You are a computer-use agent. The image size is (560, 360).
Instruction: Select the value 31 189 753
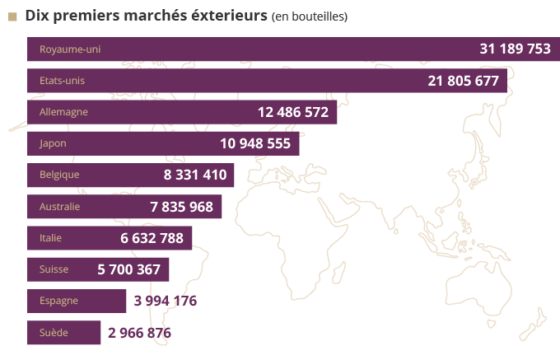point(515,49)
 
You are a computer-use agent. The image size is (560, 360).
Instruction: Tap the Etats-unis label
point(62,81)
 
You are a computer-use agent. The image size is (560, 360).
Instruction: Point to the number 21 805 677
point(464,81)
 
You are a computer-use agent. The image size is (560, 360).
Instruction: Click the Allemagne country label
point(63,112)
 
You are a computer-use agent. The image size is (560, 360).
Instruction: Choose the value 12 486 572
point(293,112)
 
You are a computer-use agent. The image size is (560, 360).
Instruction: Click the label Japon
point(53,143)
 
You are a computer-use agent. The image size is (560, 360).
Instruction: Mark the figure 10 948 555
point(255,143)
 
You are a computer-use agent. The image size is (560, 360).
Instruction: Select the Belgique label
point(59,175)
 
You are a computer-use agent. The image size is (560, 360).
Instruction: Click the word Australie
point(60,207)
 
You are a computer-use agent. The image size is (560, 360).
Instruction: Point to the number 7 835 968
point(181,207)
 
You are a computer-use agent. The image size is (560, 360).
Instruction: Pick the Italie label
point(51,238)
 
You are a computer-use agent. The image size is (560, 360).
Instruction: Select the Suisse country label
point(54,269)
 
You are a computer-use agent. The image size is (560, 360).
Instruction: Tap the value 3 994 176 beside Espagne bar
point(166,301)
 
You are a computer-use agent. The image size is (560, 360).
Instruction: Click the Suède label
point(53,333)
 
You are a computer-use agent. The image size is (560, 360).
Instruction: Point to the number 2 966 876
point(139,333)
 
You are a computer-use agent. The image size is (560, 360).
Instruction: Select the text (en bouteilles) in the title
point(309,16)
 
